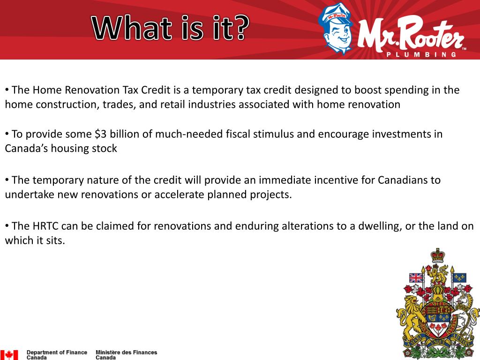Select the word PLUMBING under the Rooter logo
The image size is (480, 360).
click(x=421, y=54)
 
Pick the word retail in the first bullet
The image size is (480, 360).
click(x=173, y=105)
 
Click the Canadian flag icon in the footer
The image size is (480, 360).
click(x=9, y=355)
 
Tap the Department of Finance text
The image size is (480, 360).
click(x=57, y=355)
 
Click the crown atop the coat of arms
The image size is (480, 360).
click(x=438, y=256)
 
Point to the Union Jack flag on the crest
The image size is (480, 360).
click(x=416, y=278)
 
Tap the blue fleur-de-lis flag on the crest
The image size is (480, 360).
click(x=460, y=277)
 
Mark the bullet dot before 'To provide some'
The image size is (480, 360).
click(x=7, y=134)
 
